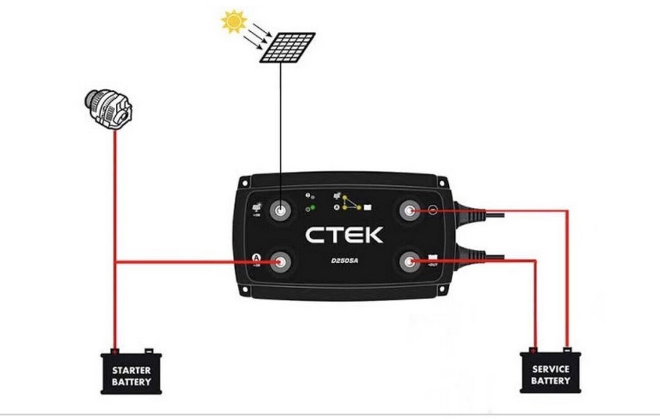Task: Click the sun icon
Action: [234, 21]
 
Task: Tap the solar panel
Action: [287, 47]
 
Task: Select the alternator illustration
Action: [109, 110]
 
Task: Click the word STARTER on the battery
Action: [131, 370]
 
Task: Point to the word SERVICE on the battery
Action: [550, 369]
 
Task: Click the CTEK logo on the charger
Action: [345, 235]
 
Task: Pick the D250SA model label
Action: [345, 261]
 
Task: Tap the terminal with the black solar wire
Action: [280, 210]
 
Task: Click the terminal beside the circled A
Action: [280, 262]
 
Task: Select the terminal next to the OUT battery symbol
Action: [410, 262]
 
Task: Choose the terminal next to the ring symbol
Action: [410, 210]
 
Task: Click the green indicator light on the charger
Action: [312, 207]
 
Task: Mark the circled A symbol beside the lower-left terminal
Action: [256, 258]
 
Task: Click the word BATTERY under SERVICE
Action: [550, 380]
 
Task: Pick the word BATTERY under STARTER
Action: [131, 382]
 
